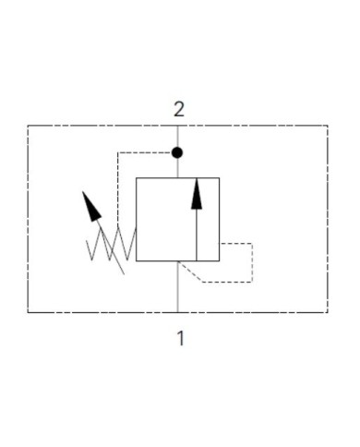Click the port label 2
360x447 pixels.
click(179, 107)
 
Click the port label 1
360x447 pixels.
click(180, 338)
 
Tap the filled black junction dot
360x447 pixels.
click(178, 151)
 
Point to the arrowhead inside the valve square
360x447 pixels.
click(197, 188)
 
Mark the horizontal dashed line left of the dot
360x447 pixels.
click(145, 151)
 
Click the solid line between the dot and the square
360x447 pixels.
click(178, 166)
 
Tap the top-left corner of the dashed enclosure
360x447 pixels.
click(29, 126)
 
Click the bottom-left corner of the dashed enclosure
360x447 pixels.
click(29, 312)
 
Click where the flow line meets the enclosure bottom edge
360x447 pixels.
click(178, 312)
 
